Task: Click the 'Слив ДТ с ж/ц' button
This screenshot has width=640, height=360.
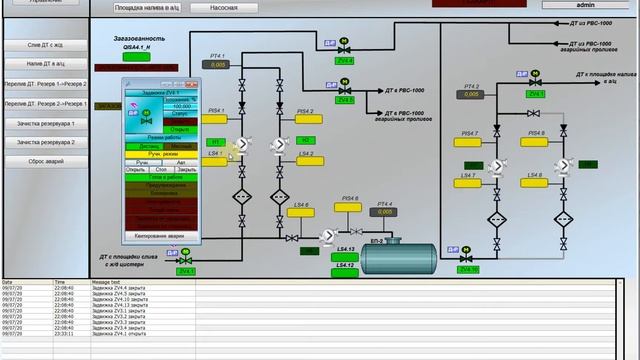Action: tap(46, 45)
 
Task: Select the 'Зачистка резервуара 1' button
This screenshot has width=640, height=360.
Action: tap(46, 123)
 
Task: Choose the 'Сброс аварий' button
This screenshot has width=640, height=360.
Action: tap(46, 161)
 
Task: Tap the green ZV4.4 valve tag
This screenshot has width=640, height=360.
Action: tap(345, 61)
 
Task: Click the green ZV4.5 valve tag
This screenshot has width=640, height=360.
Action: tap(345, 100)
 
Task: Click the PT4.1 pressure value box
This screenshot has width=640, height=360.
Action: tap(217, 66)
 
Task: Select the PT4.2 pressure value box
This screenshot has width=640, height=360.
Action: tap(471, 97)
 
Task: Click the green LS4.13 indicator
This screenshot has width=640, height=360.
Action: tap(346, 257)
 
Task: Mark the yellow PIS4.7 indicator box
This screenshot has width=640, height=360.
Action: tap(469, 142)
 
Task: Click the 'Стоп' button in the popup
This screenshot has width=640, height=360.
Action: tap(161, 170)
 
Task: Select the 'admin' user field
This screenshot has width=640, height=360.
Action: tap(586, 5)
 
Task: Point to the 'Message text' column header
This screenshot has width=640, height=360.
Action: tap(106, 282)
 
